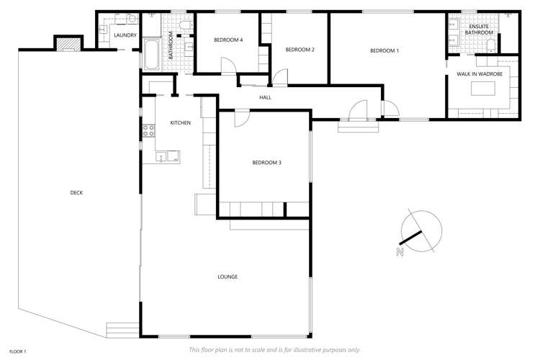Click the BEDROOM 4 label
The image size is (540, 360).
pyautogui.click(x=228, y=40)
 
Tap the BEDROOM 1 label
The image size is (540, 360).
pyautogui.click(x=384, y=50)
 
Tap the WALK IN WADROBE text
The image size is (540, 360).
pyautogui.click(x=479, y=74)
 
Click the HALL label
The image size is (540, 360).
pyautogui.click(x=265, y=97)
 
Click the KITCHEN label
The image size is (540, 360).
pyautogui.click(x=180, y=123)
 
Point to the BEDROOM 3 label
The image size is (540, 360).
pyautogui.click(x=266, y=163)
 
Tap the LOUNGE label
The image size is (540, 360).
pyautogui.click(x=228, y=276)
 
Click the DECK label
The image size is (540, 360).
pyautogui.click(x=76, y=192)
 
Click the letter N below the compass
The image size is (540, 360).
pyautogui.click(x=399, y=252)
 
